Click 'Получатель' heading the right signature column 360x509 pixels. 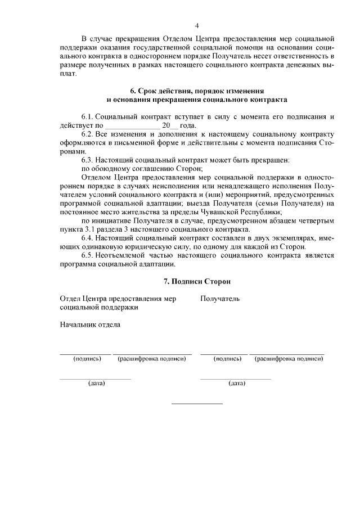(x=220, y=299)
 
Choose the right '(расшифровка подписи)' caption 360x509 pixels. (x=289, y=358)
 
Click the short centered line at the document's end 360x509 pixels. (x=197, y=403)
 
